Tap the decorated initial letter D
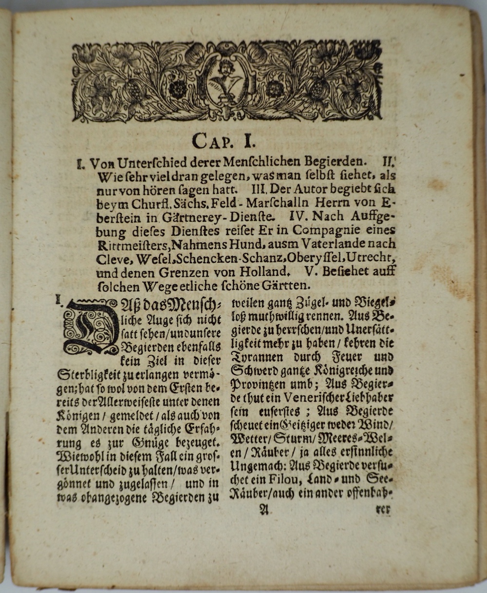[x=91, y=326]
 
